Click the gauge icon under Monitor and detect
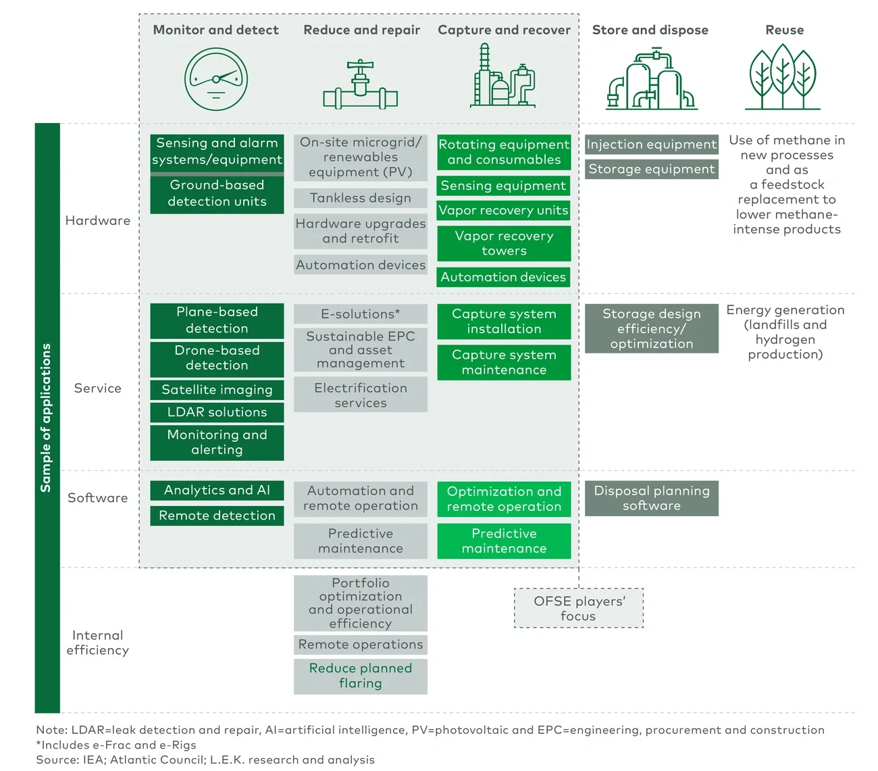tap(216, 79)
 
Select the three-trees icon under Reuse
tap(783, 77)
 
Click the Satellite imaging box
tap(217, 390)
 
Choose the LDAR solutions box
tap(217, 412)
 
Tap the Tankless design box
tap(361, 198)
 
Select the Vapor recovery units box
tap(504, 210)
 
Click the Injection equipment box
tap(651, 145)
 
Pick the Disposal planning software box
tap(651, 498)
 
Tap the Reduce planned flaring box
tap(361, 676)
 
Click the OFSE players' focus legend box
tap(579, 608)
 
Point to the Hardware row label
tap(98, 220)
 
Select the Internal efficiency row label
tap(98, 643)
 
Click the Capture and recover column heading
tap(504, 30)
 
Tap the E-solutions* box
tap(361, 314)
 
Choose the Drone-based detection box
tap(217, 358)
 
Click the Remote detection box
tap(217, 516)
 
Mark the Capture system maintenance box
tap(504, 362)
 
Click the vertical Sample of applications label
tap(46, 418)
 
